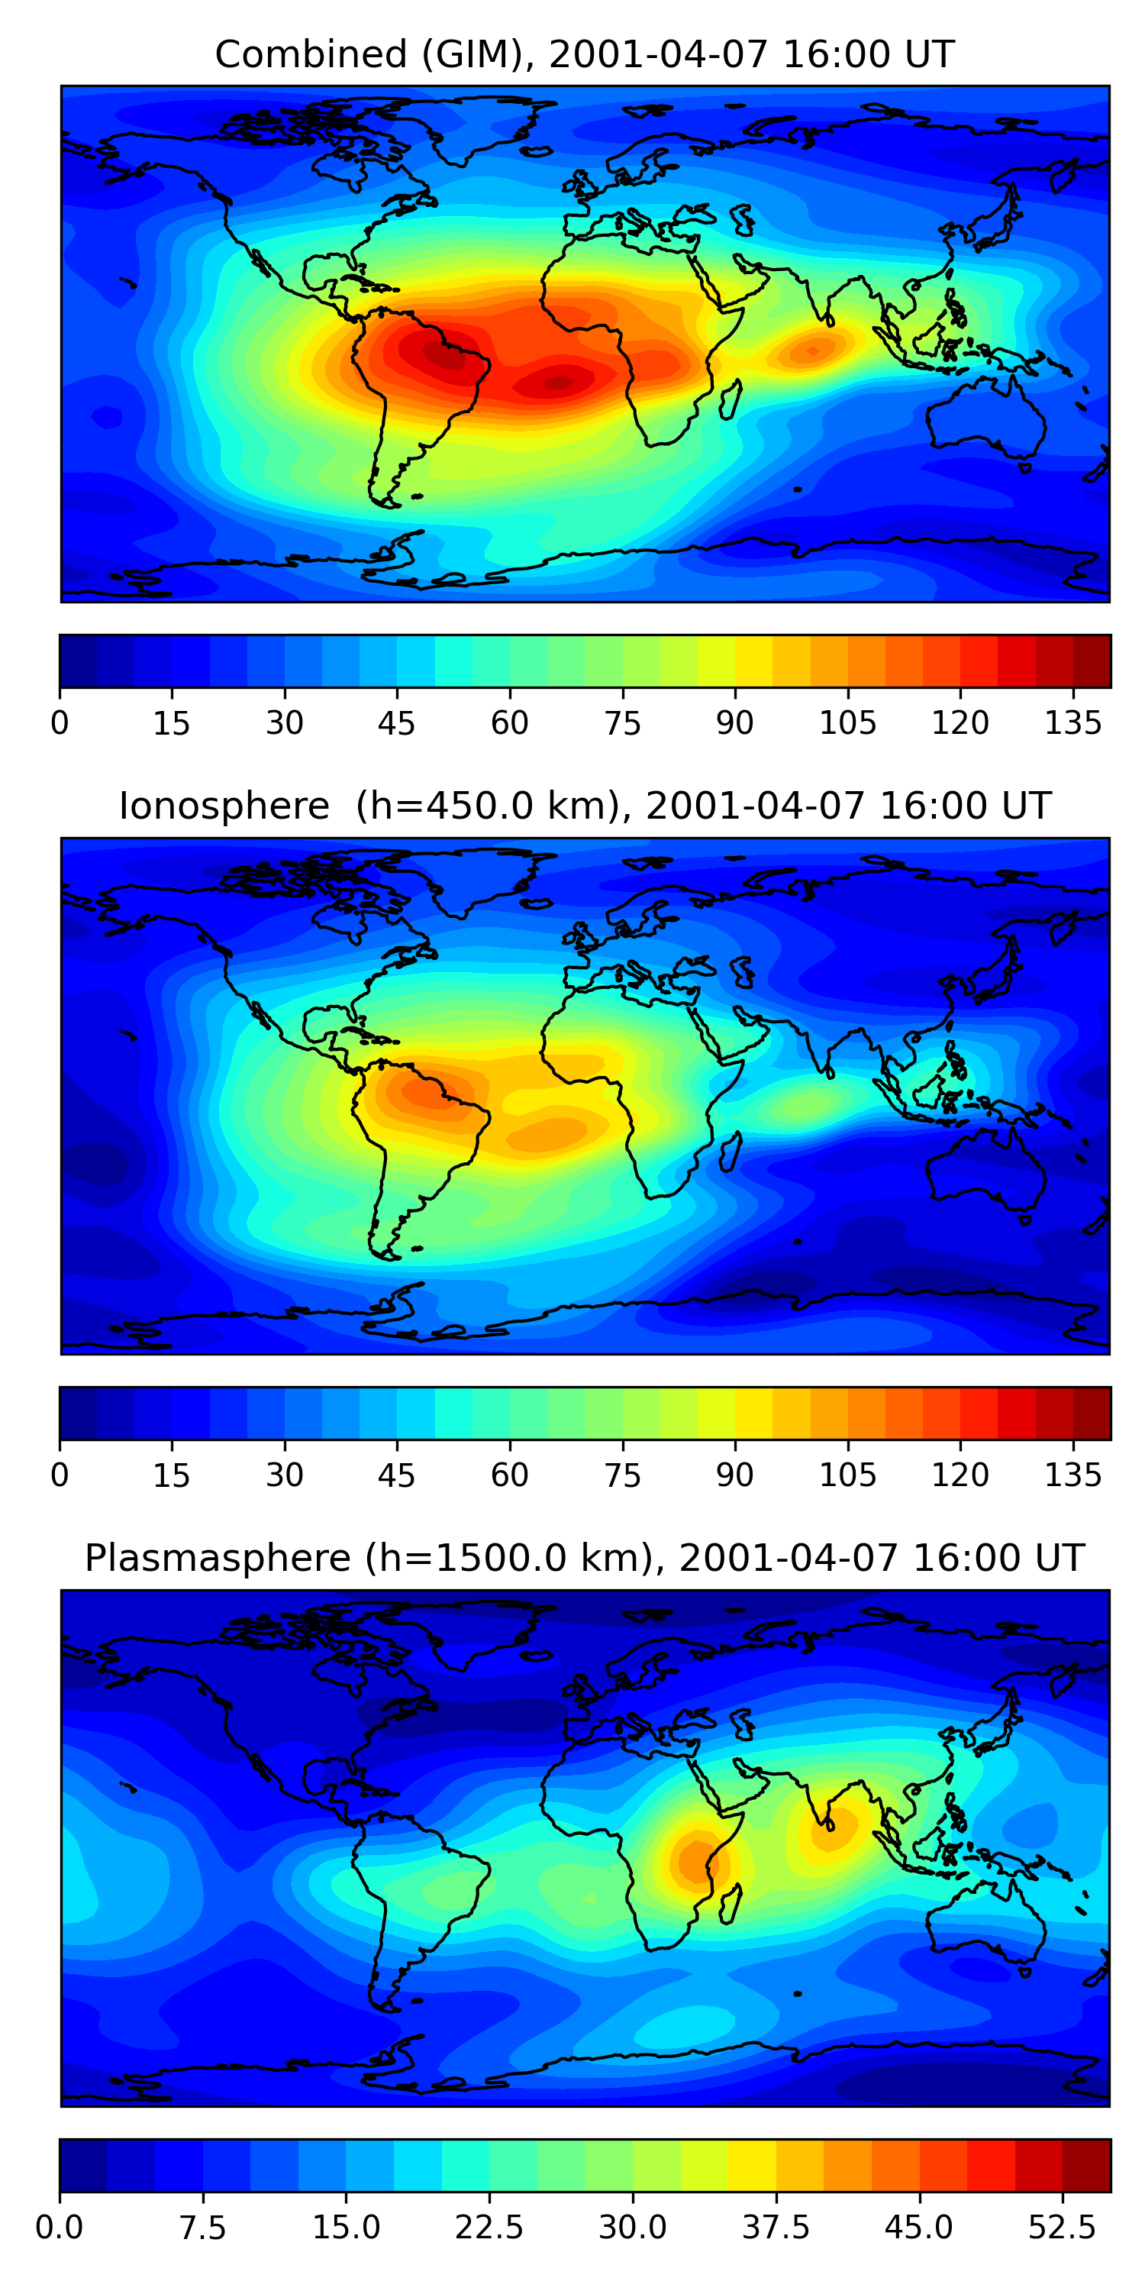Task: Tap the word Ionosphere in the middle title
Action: point(224,806)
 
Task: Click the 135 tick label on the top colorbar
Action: point(1073,723)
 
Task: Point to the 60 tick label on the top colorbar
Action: point(509,723)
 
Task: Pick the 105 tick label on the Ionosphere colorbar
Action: point(847,1475)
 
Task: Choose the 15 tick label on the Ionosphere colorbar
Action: point(172,1475)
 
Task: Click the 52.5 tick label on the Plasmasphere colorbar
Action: point(1063,2227)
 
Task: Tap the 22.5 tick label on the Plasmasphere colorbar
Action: point(489,2227)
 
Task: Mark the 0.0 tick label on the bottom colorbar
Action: point(60,2227)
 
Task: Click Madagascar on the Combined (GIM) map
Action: point(731,400)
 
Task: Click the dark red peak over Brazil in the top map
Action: point(442,355)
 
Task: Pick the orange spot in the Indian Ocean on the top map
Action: point(811,351)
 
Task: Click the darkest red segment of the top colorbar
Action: point(1092,661)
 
